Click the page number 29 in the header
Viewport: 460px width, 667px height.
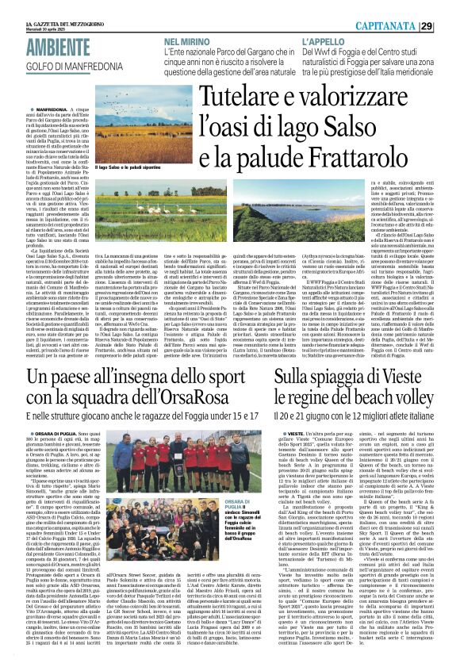448,26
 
